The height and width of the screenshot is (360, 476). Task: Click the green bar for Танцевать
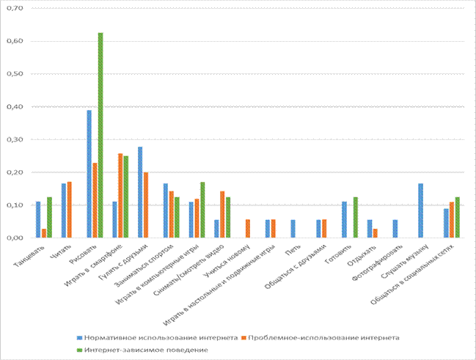pyautogui.click(x=49, y=217)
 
